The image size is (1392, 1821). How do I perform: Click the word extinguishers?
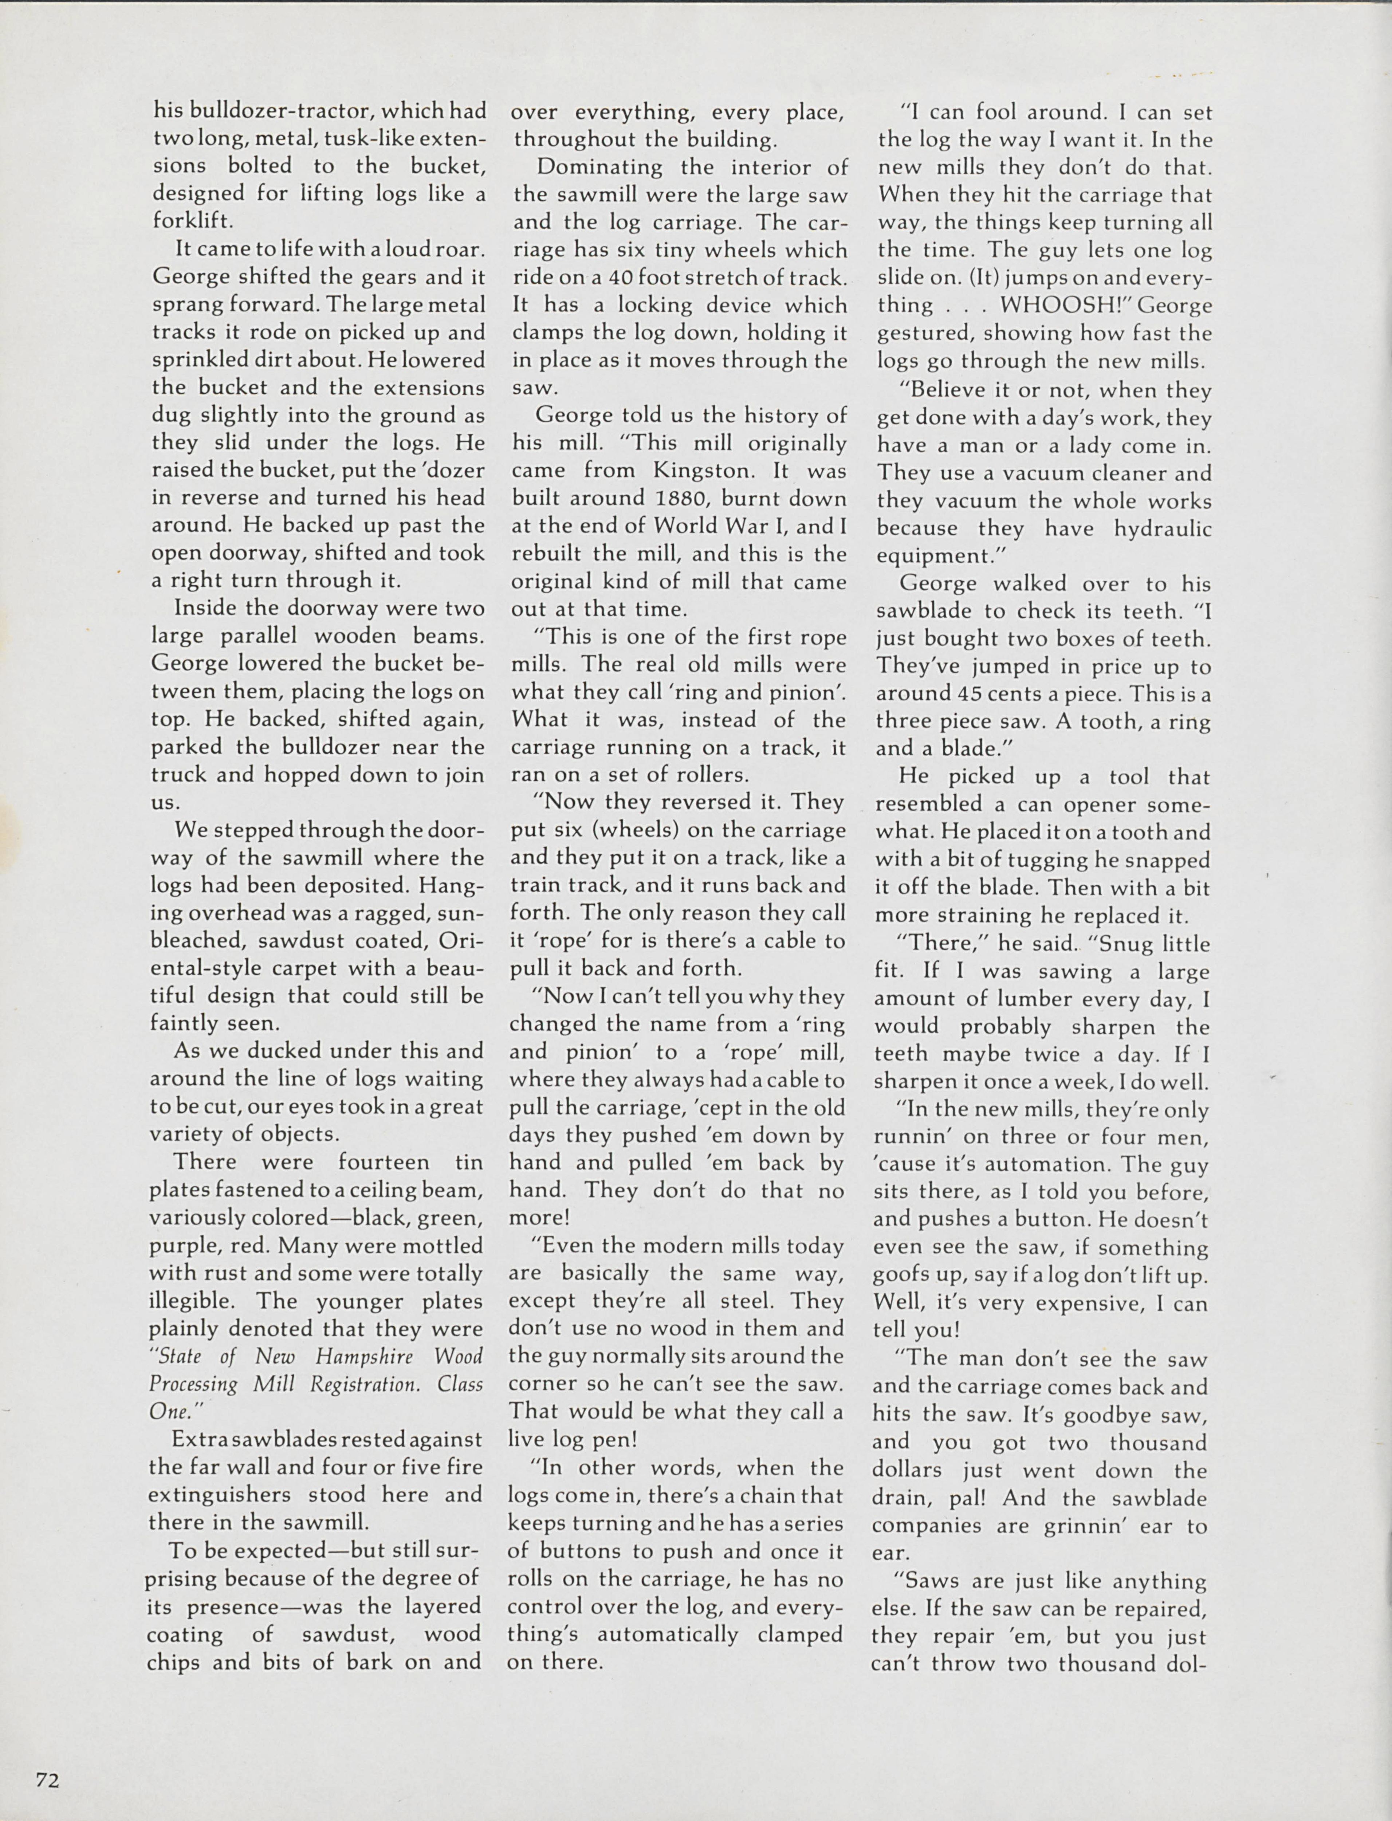point(221,1495)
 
